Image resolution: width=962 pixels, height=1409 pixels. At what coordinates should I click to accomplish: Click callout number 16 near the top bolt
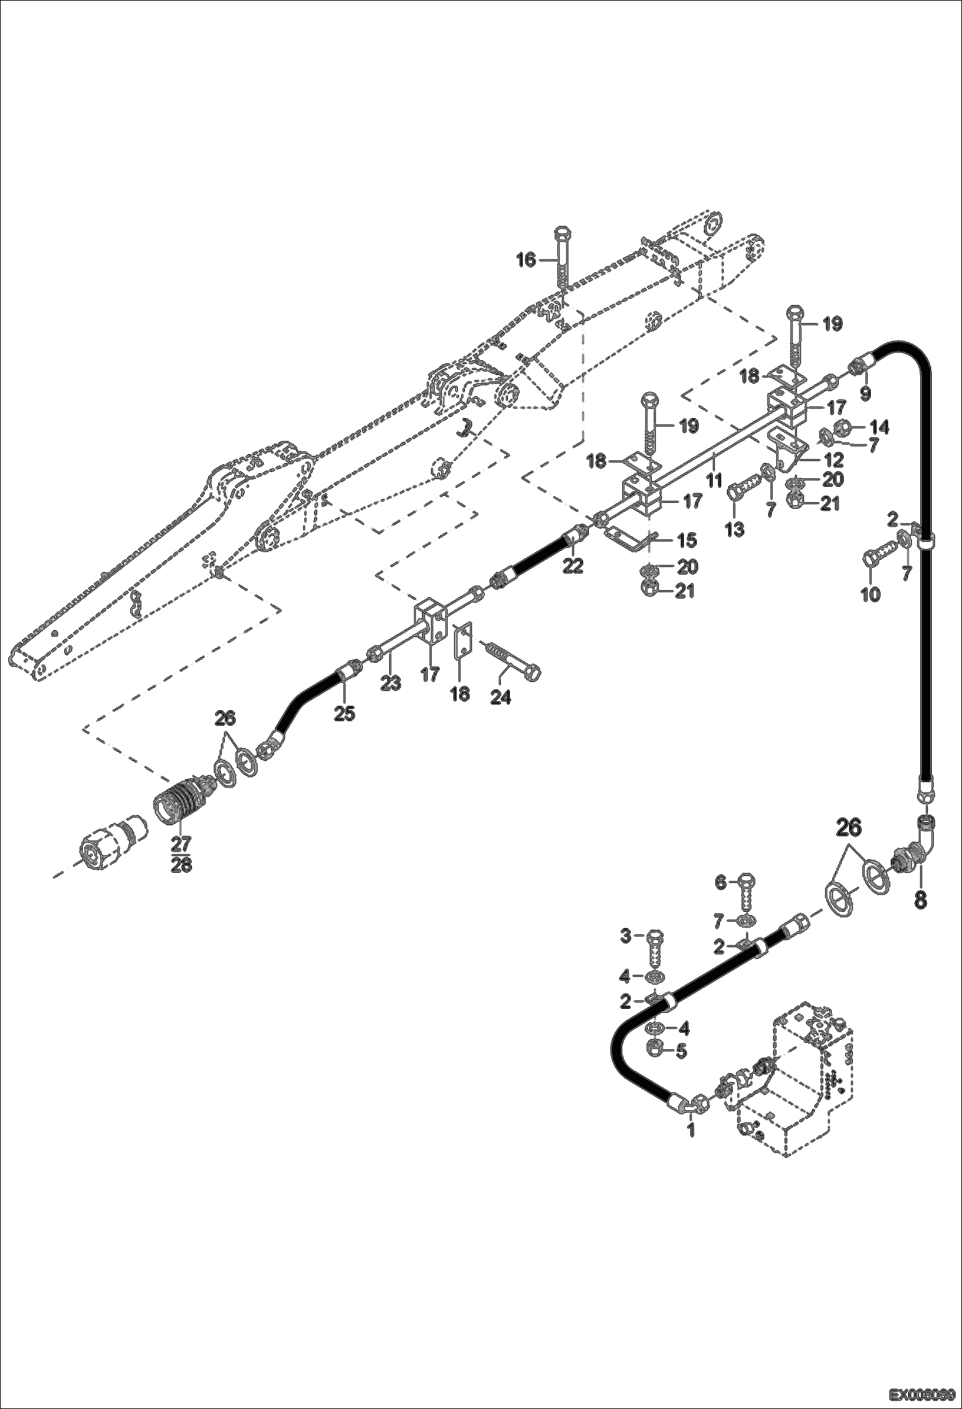(x=525, y=259)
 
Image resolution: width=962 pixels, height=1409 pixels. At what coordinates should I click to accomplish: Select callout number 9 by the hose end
(x=865, y=393)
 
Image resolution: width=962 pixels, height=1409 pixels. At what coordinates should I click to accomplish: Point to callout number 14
(x=879, y=427)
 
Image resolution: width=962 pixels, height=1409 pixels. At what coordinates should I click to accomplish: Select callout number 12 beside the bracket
(x=834, y=460)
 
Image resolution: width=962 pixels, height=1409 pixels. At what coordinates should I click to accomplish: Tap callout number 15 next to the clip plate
(x=687, y=540)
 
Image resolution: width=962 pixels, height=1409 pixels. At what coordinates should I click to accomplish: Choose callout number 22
(x=573, y=565)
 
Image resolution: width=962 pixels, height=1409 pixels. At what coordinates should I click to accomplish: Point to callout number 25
(x=345, y=713)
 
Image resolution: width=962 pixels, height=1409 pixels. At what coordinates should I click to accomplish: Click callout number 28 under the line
(x=181, y=864)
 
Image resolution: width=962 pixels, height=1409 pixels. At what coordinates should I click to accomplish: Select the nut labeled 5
(x=654, y=1051)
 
